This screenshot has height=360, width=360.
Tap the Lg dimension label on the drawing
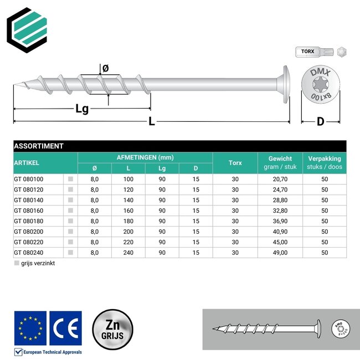coord(82,109)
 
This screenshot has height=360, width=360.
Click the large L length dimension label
coord(151,123)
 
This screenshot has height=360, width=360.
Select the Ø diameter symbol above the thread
coord(106,69)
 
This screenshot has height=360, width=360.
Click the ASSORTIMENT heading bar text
coord(38,146)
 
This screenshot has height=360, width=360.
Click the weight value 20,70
coord(280,179)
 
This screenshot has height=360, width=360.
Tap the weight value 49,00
coord(280,253)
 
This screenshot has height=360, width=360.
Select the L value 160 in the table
coord(128,210)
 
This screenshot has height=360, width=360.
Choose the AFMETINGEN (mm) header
coord(145,157)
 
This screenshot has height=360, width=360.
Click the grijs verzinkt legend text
coord(38,264)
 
